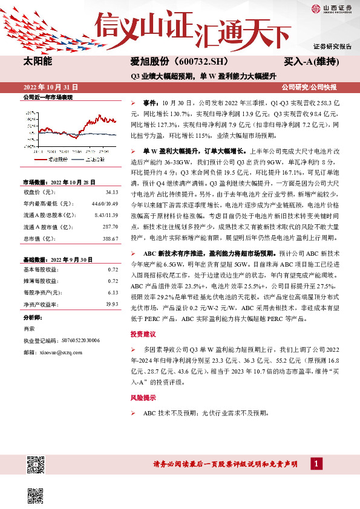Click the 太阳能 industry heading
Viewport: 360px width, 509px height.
tap(38, 62)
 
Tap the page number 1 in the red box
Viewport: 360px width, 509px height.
tap(316, 464)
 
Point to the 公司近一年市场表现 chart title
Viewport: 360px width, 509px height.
tap(48, 97)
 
